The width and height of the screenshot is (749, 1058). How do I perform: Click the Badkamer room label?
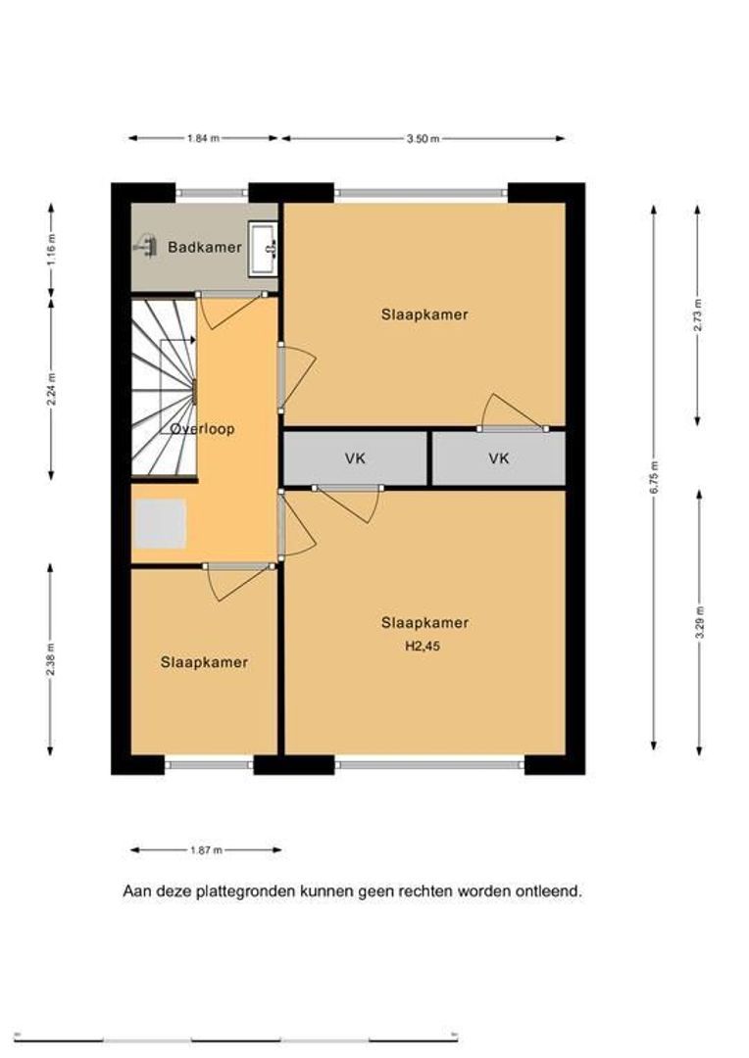(x=205, y=247)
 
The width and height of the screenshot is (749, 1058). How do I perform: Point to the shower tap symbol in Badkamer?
(x=146, y=246)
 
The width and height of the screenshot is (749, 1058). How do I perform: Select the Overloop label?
(x=202, y=429)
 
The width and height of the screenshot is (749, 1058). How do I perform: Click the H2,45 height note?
(x=423, y=646)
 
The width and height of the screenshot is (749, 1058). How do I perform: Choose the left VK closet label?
(x=355, y=458)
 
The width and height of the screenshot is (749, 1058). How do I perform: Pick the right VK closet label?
(x=499, y=458)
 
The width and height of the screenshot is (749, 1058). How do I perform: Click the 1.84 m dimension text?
(x=203, y=138)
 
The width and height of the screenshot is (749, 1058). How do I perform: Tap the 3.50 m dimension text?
(x=423, y=139)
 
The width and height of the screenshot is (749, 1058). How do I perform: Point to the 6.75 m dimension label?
(x=654, y=477)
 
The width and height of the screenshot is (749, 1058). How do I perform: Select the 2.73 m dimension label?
(x=698, y=313)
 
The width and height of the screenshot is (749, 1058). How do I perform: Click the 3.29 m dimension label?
(x=700, y=623)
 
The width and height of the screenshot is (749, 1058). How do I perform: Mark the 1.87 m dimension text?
(x=206, y=850)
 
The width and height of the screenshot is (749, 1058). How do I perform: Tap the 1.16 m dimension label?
(x=52, y=250)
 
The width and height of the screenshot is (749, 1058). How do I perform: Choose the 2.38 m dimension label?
(x=51, y=661)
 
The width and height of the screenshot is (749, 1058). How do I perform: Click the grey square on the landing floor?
(x=161, y=523)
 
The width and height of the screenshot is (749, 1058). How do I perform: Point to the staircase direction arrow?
(x=178, y=341)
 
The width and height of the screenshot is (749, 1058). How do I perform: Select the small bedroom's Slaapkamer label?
(x=204, y=662)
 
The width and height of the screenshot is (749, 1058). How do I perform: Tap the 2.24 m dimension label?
(x=52, y=390)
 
